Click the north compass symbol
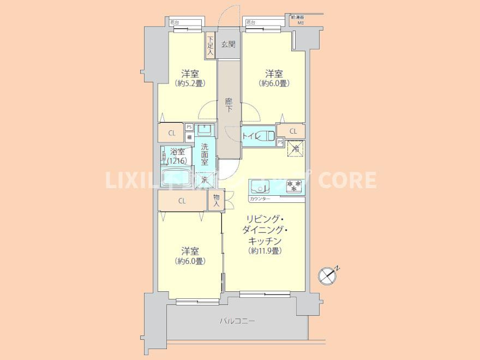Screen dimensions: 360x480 (x=328, y=275)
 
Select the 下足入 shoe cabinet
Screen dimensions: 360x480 (x=211, y=45)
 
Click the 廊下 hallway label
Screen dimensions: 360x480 (x=229, y=104)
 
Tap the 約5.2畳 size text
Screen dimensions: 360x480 (x=189, y=83)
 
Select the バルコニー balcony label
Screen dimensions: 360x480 (x=237, y=321)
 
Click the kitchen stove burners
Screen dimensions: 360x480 (x=293, y=186)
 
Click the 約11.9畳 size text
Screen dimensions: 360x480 (x=265, y=251)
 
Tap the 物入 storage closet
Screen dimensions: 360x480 (x=216, y=200)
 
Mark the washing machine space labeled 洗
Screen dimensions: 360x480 (x=205, y=179)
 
